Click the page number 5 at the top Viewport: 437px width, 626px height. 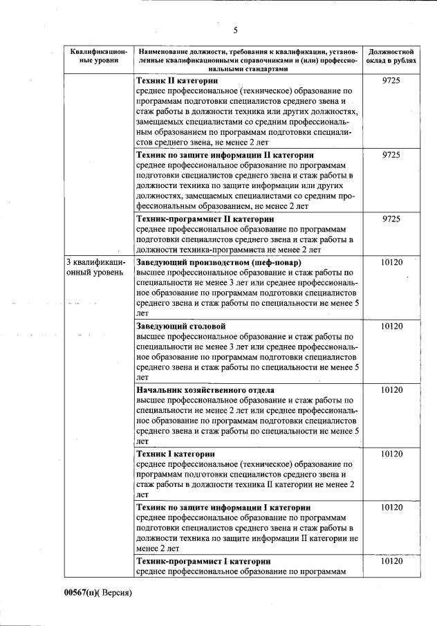(x=235, y=30)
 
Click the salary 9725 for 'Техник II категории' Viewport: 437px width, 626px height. (x=391, y=81)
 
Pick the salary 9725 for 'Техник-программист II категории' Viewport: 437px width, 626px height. (x=391, y=219)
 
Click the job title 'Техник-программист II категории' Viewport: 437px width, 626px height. (x=205, y=219)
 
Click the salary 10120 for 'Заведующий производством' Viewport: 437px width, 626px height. (x=391, y=262)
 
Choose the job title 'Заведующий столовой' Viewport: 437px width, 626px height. (x=181, y=325)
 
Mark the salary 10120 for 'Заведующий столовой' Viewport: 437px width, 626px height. (x=391, y=325)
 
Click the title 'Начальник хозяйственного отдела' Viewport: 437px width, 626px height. (x=205, y=389)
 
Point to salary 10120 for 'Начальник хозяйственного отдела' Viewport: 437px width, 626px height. (x=391, y=389)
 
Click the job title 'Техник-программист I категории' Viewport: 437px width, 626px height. (x=203, y=560)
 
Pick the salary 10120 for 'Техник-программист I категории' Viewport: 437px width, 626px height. (x=391, y=560)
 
